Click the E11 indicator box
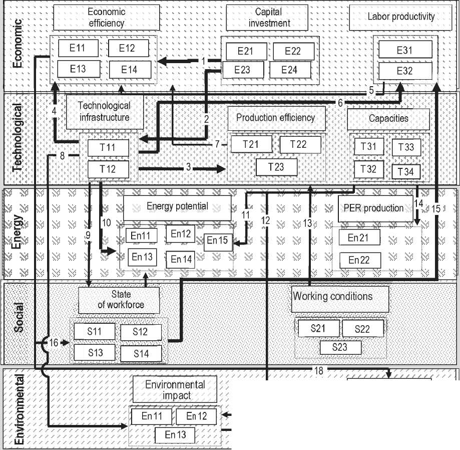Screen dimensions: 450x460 (x=78, y=48)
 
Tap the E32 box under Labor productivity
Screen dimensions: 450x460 (x=405, y=71)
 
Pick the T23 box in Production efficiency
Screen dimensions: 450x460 (x=276, y=167)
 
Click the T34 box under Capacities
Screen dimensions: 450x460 (x=405, y=171)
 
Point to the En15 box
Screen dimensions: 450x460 (x=218, y=241)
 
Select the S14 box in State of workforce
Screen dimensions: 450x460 (x=141, y=353)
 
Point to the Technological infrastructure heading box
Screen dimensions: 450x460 (x=104, y=111)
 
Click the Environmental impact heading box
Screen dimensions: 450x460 (x=175, y=390)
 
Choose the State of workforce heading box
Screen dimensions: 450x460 (x=119, y=300)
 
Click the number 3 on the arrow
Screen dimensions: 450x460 (x=188, y=168)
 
